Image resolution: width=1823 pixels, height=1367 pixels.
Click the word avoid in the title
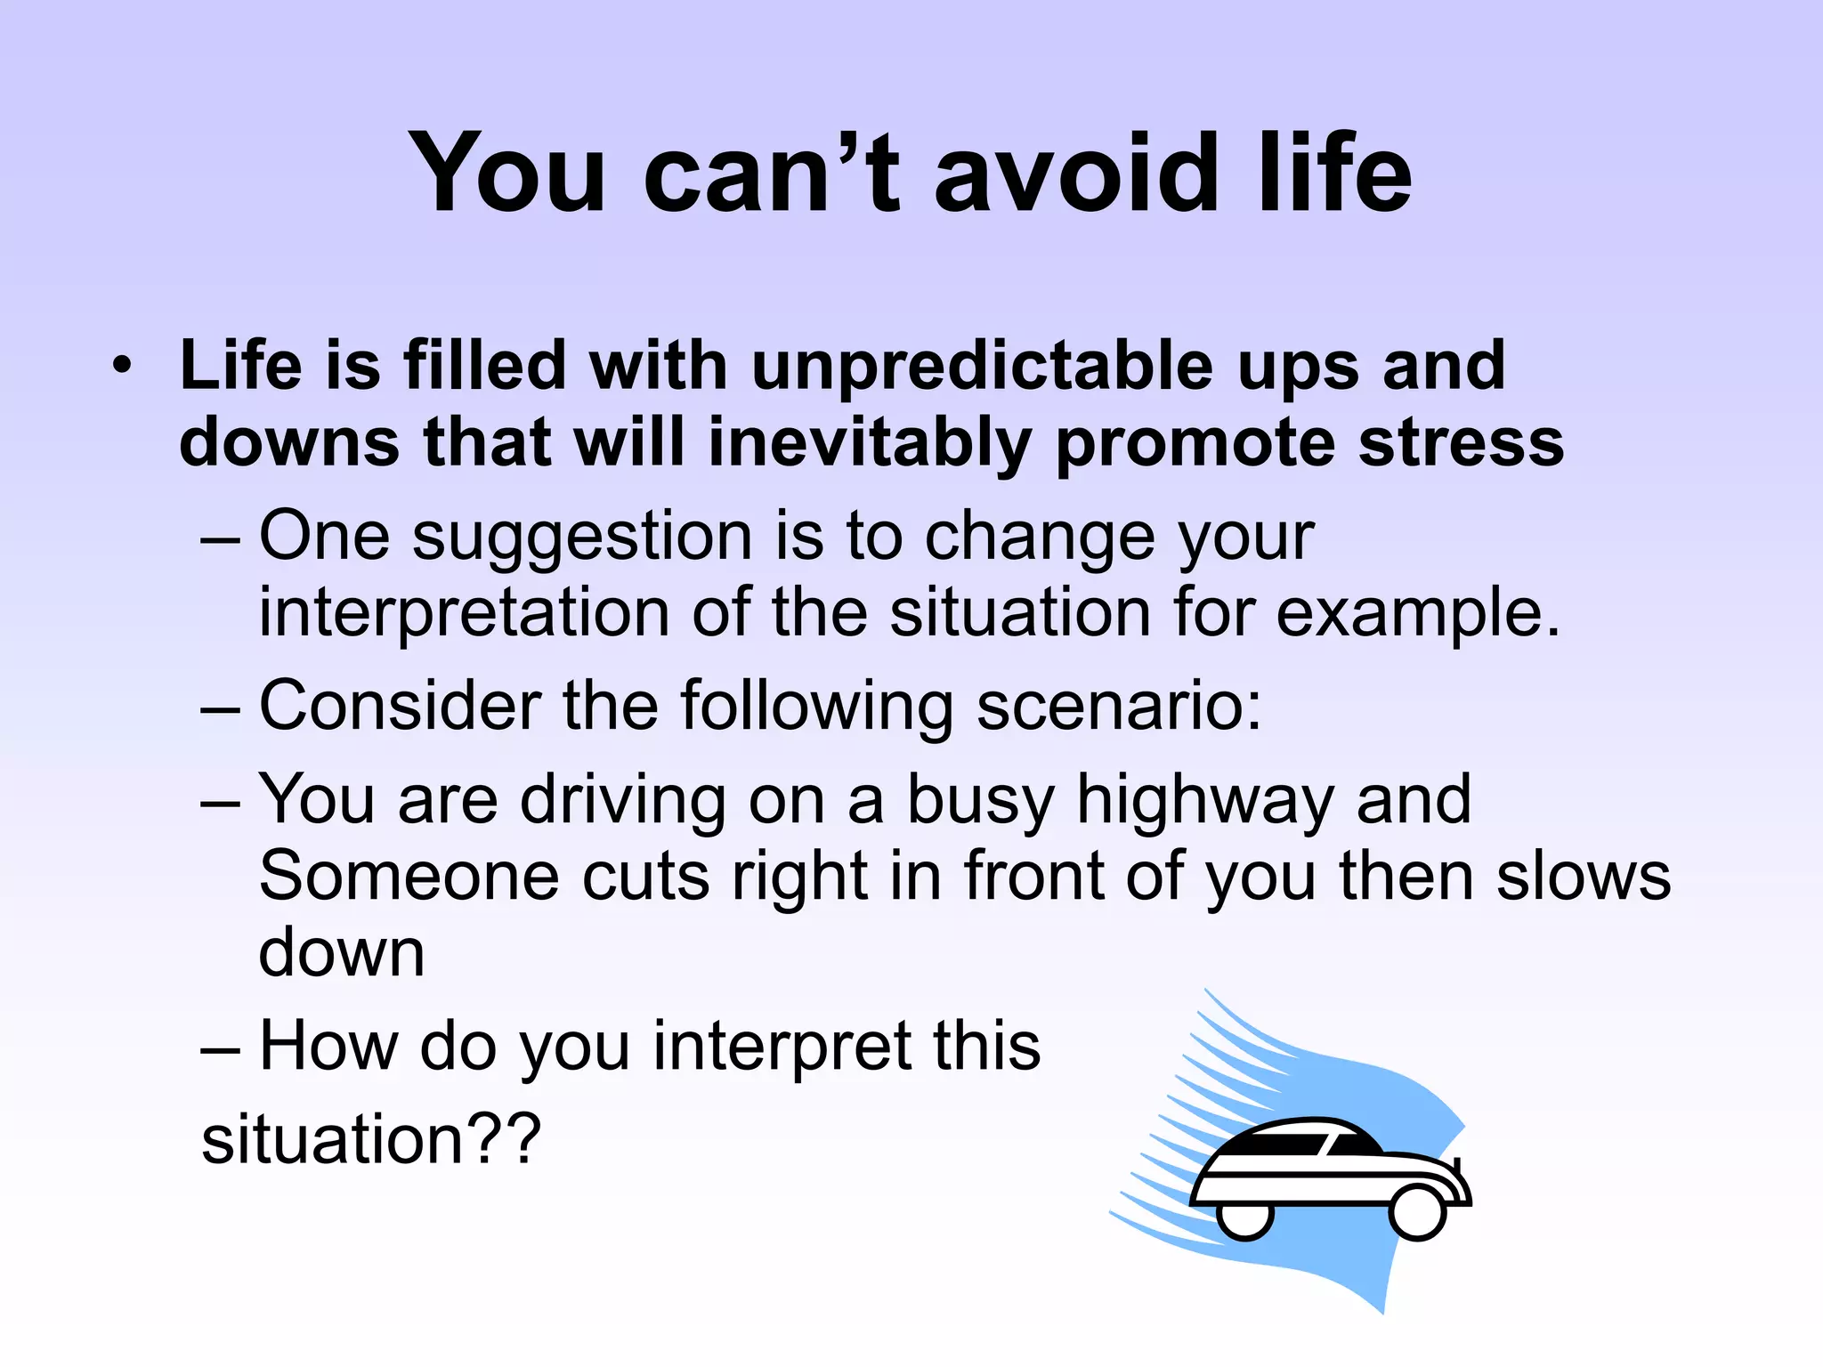click(1076, 174)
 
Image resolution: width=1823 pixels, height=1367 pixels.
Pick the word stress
click(1460, 443)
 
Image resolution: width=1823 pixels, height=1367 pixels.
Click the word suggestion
click(582, 537)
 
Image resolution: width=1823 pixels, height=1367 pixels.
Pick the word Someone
click(409, 876)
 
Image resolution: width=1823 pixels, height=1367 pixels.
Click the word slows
click(1584, 876)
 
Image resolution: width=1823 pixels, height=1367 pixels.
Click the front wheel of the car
click(1416, 1212)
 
